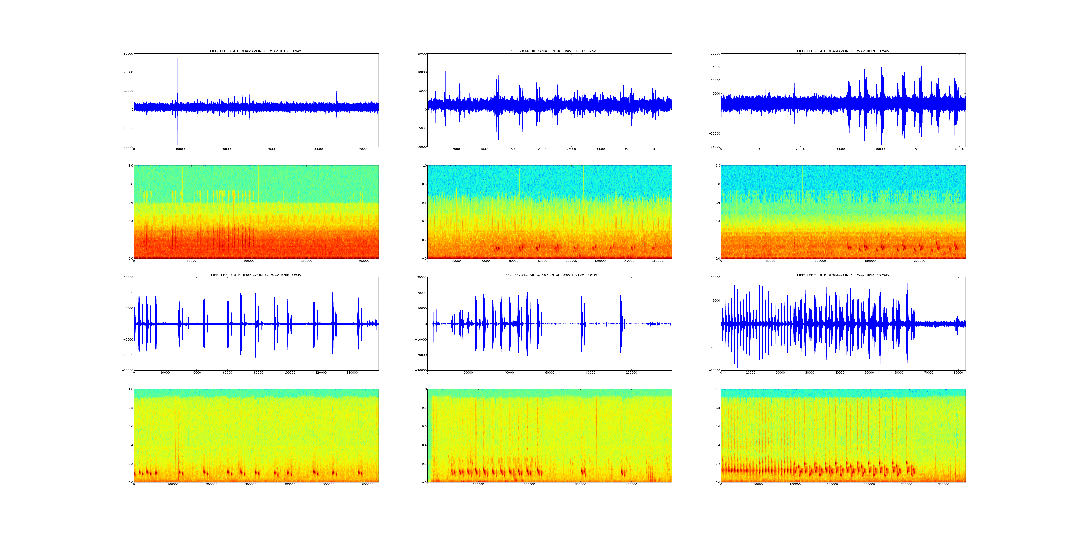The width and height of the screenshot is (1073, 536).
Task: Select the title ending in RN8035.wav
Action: tap(549, 51)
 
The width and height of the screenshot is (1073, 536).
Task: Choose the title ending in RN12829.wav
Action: tap(549, 275)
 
